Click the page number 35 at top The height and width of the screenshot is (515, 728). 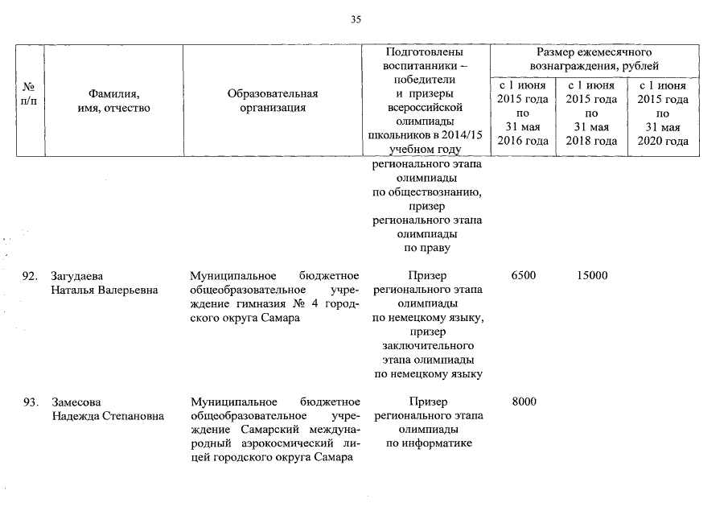356,19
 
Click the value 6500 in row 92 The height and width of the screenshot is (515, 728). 523,276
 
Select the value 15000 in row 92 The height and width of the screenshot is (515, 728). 591,276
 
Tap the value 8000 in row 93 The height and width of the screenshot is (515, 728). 523,402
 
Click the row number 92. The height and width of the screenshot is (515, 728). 31,276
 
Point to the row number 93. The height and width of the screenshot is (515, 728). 31,402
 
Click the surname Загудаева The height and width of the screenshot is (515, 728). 77,276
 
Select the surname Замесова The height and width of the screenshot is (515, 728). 76,402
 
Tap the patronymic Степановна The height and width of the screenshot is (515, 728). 130,416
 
